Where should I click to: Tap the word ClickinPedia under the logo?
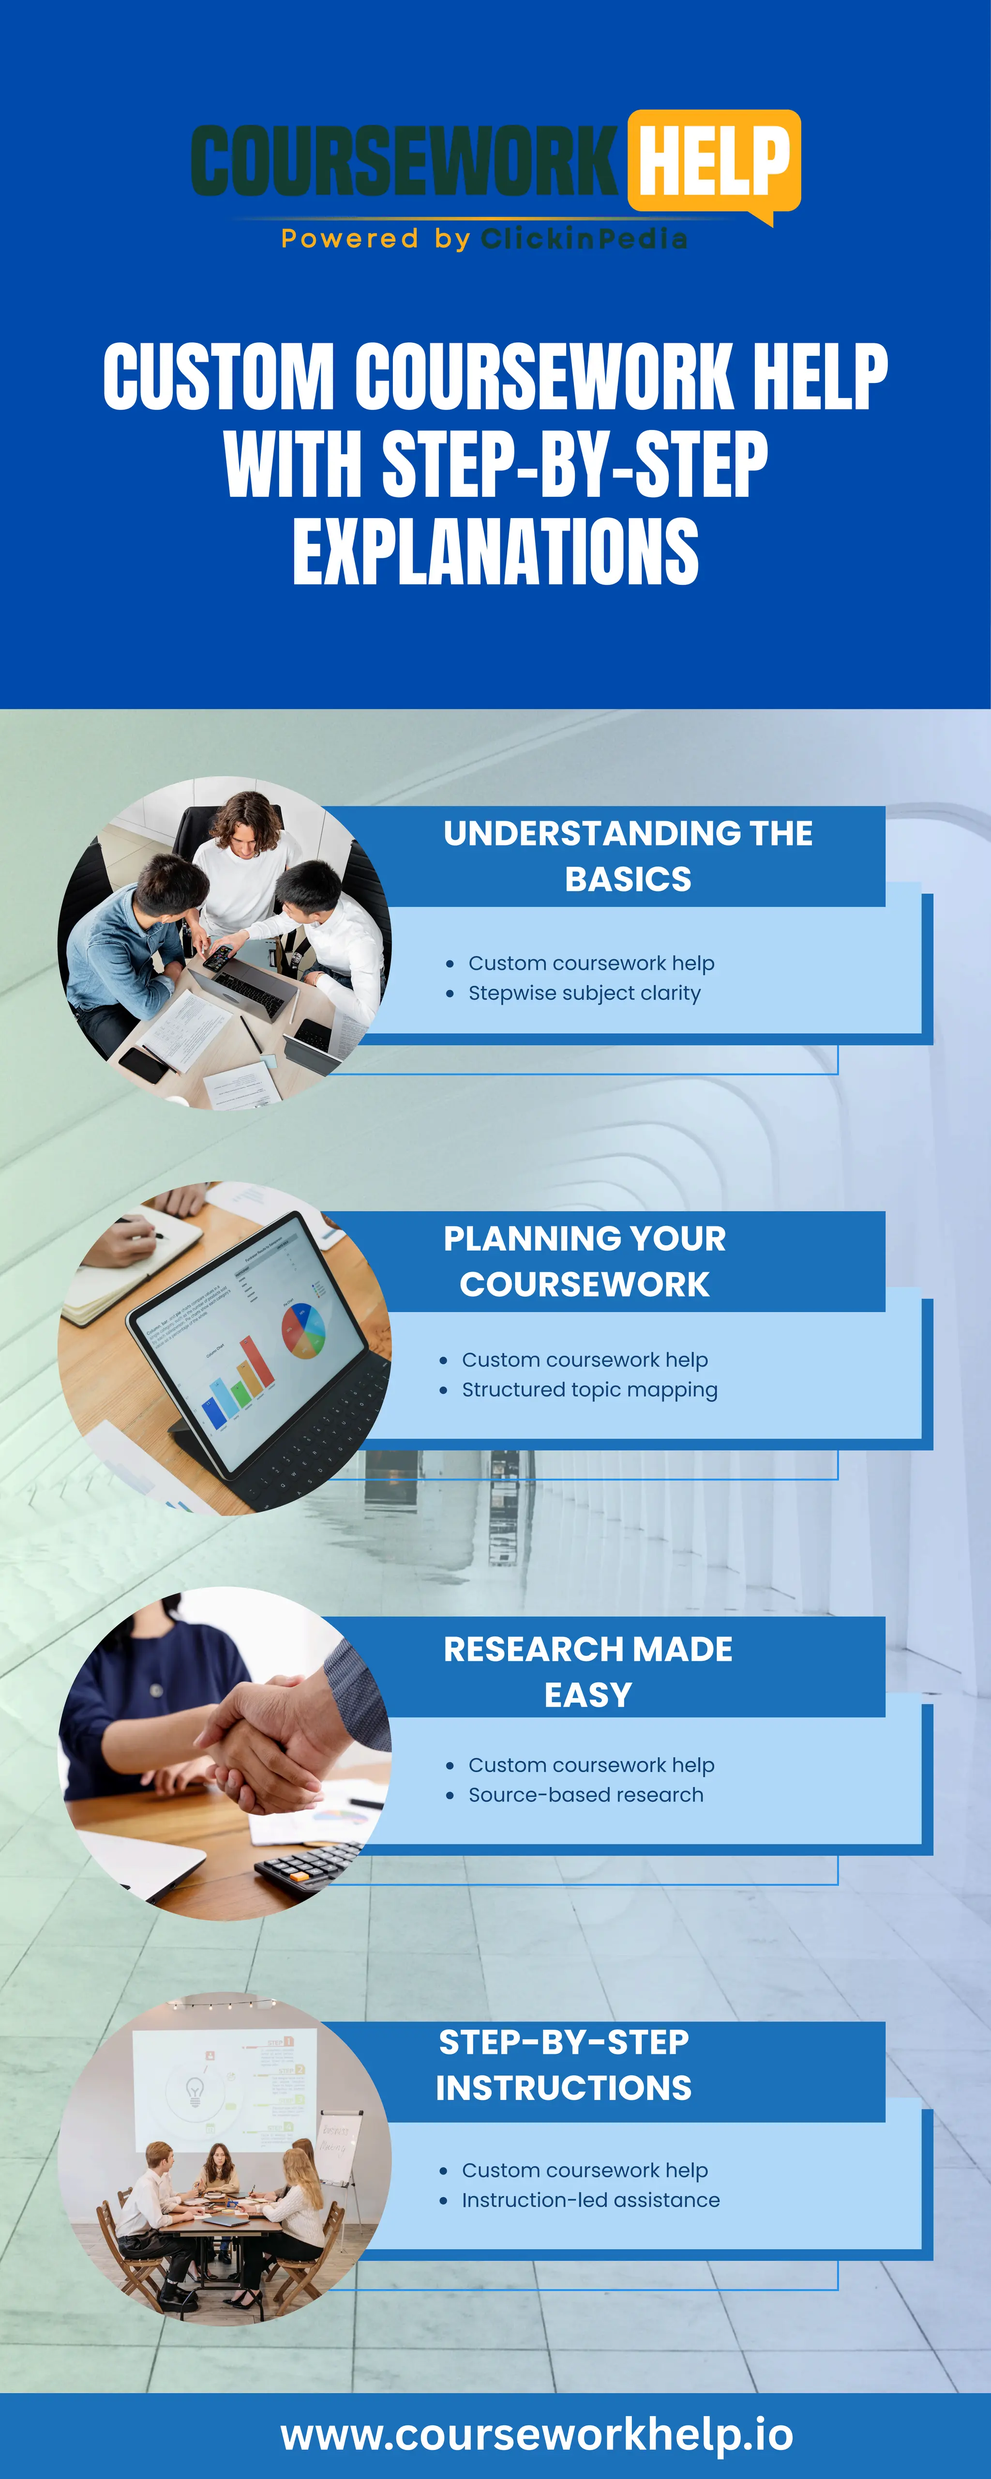click(x=584, y=239)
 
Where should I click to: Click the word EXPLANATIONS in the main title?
click(x=495, y=551)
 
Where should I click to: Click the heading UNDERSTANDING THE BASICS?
click(x=627, y=856)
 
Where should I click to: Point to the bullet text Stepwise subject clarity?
click(x=584, y=993)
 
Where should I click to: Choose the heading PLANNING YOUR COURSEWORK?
click(x=584, y=1261)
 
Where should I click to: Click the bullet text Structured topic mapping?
click(x=589, y=1390)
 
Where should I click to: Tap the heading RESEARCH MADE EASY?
click(x=588, y=1671)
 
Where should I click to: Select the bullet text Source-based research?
click(x=585, y=1795)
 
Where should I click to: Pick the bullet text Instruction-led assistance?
click(x=590, y=2200)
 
